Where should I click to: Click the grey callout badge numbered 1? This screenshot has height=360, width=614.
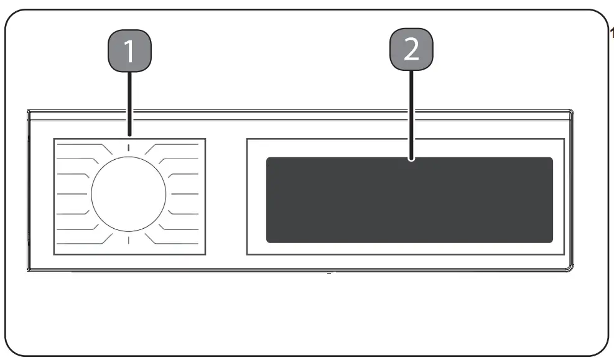pyautogui.click(x=130, y=50)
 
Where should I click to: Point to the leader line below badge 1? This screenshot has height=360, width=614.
pyautogui.click(x=129, y=102)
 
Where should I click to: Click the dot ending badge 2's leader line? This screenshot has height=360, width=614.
pyautogui.click(x=411, y=159)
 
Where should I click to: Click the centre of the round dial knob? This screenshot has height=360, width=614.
pyautogui.click(x=129, y=193)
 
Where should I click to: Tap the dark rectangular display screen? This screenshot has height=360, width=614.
pyautogui.click(x=409, y=200)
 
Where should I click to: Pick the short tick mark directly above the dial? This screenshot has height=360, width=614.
pyautogui.click(x=129, y=147)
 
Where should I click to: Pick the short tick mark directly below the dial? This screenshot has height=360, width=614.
pyautogui.click(x=129, y=240)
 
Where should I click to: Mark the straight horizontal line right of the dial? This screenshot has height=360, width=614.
pyautogui.click(x=185, y=193)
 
